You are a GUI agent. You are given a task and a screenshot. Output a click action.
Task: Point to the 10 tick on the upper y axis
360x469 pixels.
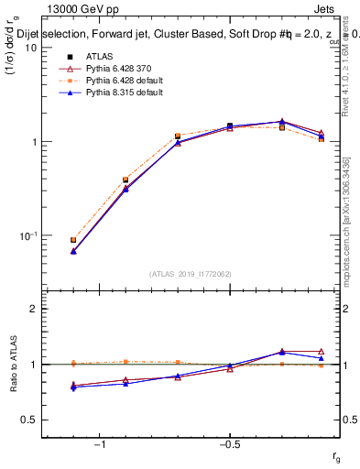[x=30, y=48]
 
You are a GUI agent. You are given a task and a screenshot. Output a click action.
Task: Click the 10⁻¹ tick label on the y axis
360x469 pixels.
[x=27, y=235]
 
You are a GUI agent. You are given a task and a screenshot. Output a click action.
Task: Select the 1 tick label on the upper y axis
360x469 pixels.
[x=33, y=142]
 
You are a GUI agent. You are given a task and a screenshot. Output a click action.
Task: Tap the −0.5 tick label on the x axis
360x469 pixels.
[x=227, y=445]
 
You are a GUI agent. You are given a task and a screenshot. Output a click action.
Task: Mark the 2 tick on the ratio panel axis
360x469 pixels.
[x=33, y=310]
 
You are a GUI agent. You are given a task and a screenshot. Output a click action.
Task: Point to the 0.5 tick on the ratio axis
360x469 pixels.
[x=28, y=420]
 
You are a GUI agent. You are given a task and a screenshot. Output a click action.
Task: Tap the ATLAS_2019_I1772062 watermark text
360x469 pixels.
[x=191, y=274]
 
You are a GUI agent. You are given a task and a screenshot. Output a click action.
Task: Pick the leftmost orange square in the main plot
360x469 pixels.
[x=73, y=240]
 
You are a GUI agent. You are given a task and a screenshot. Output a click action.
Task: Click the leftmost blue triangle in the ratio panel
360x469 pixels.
[x=73, y=387]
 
